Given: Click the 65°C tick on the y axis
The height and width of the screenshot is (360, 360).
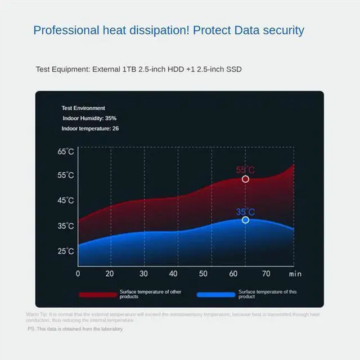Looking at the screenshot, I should click(x=65, y=151).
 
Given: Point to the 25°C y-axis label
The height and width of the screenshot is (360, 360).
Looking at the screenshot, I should click(x=65, y=251).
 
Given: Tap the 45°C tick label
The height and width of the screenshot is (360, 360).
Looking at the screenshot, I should click(x=65, y=200).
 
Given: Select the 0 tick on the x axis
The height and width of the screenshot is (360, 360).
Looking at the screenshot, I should click(x=78, y=273).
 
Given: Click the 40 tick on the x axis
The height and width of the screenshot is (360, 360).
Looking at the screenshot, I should click(x=174, y=273).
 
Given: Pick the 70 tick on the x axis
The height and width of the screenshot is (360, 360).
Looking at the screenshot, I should click(x=266, y=273).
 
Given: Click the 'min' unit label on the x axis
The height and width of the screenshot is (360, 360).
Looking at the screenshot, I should click(x=295, y=274).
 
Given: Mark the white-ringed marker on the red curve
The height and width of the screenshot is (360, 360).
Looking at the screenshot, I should click(x=245, y=179).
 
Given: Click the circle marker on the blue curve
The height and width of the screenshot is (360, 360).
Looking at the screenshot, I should click(x=245, y=220).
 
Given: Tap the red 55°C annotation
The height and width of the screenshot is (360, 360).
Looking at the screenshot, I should click(x=245, y=170).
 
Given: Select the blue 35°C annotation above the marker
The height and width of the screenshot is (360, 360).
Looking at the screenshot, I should click(x=245, y=212).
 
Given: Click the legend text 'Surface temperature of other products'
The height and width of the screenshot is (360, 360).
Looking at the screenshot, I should click(x=150, y=294).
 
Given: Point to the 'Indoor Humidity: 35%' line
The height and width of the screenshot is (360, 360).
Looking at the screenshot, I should click(x=90, y=118).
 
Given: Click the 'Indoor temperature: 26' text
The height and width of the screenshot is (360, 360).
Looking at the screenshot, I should click(x=90, y=129).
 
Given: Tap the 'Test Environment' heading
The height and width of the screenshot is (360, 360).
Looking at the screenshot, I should click(x=83, y=108).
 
